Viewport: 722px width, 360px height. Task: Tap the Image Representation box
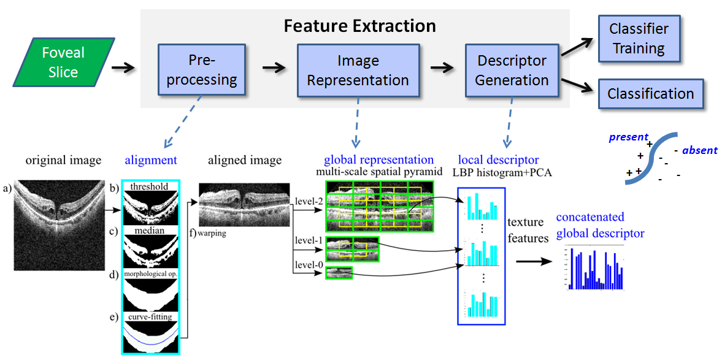[x=358, y=71]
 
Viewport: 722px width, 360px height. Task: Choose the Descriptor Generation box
[x=512, y=71]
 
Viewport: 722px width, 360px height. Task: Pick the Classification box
[x=650, y=94]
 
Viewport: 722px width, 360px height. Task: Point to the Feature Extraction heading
[x=359, y=26]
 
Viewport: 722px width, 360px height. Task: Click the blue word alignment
[x=151, y=161]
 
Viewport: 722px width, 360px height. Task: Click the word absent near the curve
[x=699, y=150]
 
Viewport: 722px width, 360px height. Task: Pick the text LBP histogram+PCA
[x=502, y=172]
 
